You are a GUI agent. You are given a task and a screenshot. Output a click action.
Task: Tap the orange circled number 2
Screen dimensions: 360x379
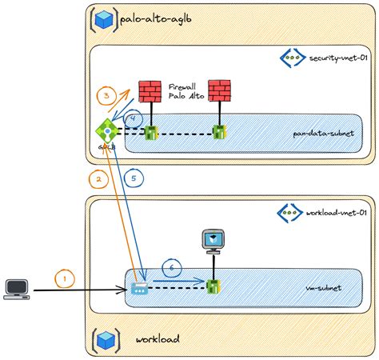[x=98, y=180]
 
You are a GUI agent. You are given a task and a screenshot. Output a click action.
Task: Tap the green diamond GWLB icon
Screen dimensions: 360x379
[x=105, y=130]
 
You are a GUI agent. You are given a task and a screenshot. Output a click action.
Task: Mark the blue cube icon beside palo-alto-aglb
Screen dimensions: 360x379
[x=102, y=18]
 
